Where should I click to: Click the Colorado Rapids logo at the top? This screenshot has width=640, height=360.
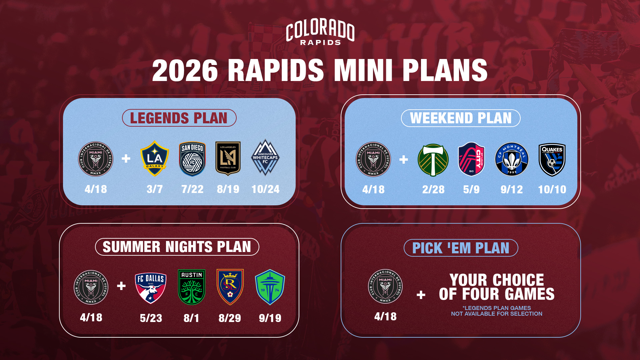click(x=320, y=32)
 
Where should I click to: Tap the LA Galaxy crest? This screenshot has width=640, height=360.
click(x=155, y=159)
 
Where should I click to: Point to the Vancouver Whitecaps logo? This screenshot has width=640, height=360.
click(x=265, y=158)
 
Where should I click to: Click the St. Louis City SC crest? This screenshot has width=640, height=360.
click(x=471, y=159)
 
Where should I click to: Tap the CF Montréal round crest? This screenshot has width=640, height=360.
click(x=512, y=159)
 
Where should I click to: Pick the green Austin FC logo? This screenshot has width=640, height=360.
click(x=192, y=287)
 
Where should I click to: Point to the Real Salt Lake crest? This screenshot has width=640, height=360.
click(x=230, y=287)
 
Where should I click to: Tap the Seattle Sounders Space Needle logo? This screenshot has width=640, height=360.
click(x=270, y=287)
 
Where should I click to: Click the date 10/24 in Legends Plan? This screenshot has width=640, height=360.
click(x=265, y=189)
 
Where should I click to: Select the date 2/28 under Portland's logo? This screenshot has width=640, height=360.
click(x=433, y=190)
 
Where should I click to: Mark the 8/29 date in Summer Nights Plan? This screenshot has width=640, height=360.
click(x=230, y=318)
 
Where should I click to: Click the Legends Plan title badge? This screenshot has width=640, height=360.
click(x=179, y=118)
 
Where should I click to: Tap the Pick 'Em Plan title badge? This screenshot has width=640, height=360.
click(x=461, y=248)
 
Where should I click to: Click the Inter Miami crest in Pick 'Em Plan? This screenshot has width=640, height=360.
click(x=385, y=286)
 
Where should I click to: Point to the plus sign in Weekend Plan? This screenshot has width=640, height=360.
click(x=404, y=160)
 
